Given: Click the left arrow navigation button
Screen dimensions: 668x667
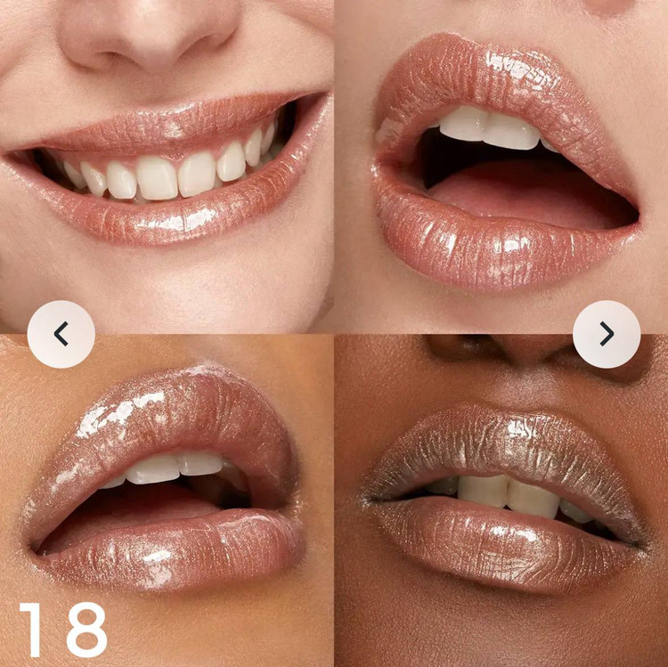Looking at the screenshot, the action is [x=61, y=334].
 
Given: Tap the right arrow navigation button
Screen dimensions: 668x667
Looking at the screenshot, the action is [x=607, y=334].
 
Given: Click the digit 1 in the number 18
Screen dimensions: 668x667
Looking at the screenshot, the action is [x=32, y=630].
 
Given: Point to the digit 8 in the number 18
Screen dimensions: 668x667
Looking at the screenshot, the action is [x=86, y=630].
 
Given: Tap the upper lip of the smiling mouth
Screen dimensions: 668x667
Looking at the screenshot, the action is [x=170, y=127].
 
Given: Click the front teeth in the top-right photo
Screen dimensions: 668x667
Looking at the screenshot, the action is [x=490, y=127].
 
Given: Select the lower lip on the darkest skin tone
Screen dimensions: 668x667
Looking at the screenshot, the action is [x=502, y=545].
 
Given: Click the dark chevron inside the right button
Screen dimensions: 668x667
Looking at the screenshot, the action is [x=607, y=334].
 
